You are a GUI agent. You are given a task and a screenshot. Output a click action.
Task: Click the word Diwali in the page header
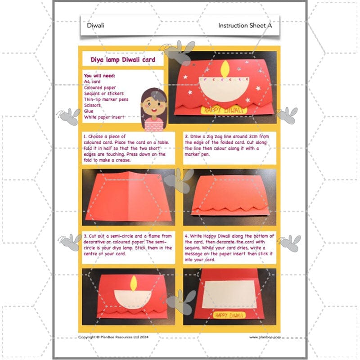pyautogui.click(x=95, y=26)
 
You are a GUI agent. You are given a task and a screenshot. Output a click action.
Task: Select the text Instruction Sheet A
pyautogui.click(x=245, y=26)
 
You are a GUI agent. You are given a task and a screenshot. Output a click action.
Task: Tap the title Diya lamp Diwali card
pyautogui.click(x=123, y=59)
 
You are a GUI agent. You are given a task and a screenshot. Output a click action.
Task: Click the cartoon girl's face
pyautogui.click(x=154, y=106)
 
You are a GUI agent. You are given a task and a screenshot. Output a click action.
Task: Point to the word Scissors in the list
pyautogui.click(x=93, y=105)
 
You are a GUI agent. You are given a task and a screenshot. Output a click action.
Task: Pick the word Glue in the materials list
pyautogui.click(x=89, y=111)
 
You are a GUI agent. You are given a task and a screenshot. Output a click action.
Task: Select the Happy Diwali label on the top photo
pyautogui.click(x=223, y=109)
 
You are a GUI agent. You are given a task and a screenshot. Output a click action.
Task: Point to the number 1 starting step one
pyautogui.click(x=85, y=135)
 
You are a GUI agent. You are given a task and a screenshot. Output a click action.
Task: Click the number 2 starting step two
pyautogui.click(x=186, y=135)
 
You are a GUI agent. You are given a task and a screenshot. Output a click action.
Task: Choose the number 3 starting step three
pyautogui.click(x=85, y=236)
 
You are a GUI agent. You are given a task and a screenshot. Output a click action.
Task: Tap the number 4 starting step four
pyautogui.click(x=186, y=236)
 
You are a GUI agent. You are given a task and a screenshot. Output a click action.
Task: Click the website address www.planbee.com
pyautogui.click(x=265, y=337)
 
